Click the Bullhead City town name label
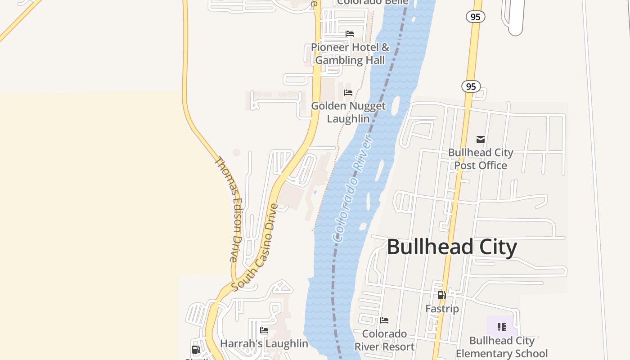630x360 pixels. (452, 247)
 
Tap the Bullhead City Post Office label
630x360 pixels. (481, 159)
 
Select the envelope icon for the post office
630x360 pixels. (481, 139)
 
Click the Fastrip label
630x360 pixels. (442, 309)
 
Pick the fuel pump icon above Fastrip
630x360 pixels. (442, 295)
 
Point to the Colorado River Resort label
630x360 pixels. (384, 340)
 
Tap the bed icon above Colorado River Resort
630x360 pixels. (384, 320)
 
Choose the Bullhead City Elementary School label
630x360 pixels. (502, 347)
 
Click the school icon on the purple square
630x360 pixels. (502, 327)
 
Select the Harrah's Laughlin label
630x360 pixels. (264, 344)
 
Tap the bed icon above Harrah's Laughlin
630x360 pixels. (264, 330)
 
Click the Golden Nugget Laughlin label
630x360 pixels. (348, 112)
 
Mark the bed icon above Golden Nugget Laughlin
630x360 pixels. (348, 93)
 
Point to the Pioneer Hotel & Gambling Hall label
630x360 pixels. (350, 54)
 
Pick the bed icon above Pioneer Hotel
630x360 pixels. (350, 34)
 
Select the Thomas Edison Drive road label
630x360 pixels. (229, 209)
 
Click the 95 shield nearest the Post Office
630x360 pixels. (471, 86)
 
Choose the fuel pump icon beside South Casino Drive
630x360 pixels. (196, 350)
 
